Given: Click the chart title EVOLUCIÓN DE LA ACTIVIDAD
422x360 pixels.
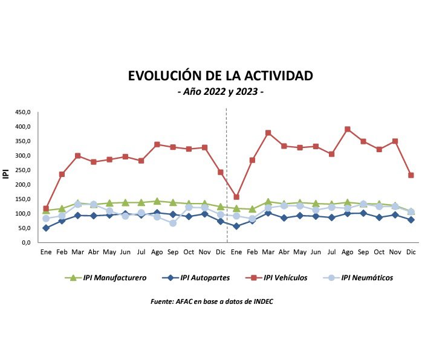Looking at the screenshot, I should coord(220,76).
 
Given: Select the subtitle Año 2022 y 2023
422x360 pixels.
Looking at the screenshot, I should coord(220,92).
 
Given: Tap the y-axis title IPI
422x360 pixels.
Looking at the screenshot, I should coord(7,175).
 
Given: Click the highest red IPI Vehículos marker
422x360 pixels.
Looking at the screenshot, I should coord(348,129).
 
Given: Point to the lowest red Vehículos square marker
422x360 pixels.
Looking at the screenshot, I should coord(46,208).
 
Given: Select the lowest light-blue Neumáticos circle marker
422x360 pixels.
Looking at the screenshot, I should coord(173,223).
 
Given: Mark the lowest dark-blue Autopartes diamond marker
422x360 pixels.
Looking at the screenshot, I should coord(46,228).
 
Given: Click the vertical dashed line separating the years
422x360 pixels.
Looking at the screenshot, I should coord(227,175).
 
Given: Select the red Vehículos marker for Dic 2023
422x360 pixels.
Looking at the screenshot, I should coord(411,175).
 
